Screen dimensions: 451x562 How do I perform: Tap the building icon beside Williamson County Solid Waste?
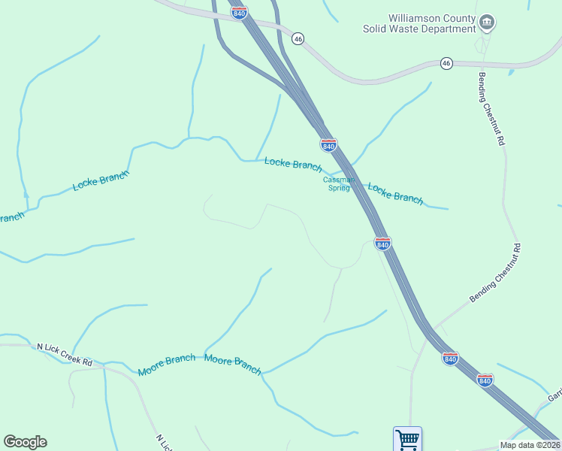point(487,23)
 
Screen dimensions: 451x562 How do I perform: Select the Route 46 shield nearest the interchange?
point(298,39)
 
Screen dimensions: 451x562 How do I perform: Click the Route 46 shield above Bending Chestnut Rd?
point(446,62)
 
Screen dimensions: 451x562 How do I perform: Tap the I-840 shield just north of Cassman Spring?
point(328,144)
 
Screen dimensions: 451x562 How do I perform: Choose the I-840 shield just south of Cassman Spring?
point(382,244)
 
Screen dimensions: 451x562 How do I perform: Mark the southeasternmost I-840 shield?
point(485,380)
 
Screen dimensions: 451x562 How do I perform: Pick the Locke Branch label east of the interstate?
point(395,193)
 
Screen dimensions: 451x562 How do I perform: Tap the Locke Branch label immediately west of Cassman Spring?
point(293,164)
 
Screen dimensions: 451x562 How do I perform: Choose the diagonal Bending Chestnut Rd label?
point(495,273)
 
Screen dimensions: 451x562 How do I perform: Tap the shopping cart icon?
point(407,439)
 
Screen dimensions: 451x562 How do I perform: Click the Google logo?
point(25,442)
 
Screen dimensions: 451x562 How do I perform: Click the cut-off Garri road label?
point(554,395)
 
